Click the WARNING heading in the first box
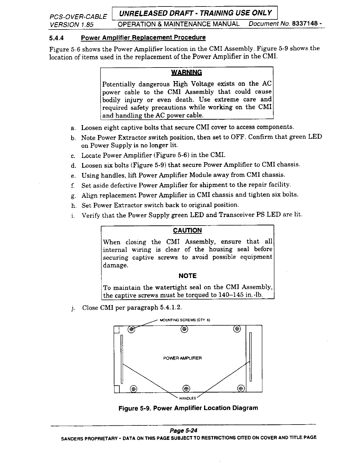click(187, 73)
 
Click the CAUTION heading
click(187, 230)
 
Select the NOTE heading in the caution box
click(188, 276)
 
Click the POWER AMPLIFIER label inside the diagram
click(182, 358)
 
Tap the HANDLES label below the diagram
click(188, 398)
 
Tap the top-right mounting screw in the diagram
click(237, 329)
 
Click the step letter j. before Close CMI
click(73, 308)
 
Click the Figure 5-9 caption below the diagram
click(188, 408)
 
